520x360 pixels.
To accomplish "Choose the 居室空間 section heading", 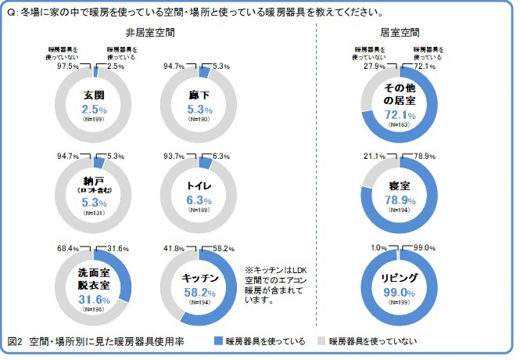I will [399, 34].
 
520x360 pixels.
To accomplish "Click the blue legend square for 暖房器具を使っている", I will [217, 341].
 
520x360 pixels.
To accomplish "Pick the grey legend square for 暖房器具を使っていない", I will [321, 341].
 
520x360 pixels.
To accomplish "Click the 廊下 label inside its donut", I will [199, 95].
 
